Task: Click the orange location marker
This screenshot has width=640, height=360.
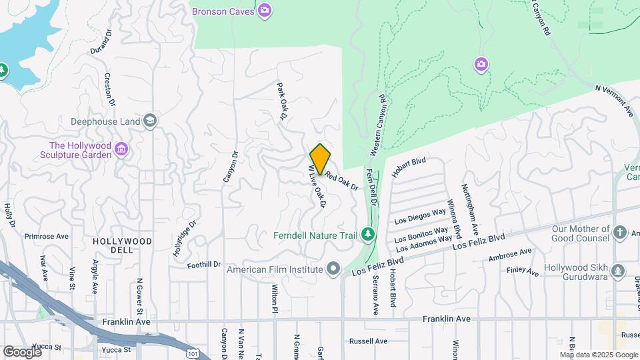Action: (x=320, y=159)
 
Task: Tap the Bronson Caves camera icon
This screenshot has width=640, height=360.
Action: (x=265, y=9)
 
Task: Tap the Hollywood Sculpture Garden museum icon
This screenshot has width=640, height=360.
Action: (x=121, y=148)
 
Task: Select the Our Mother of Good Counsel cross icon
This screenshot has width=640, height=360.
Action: (x=620, y=232)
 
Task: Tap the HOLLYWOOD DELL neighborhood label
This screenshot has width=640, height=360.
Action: (x=122, y=241)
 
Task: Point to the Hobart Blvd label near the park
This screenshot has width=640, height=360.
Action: (x=409, y=167)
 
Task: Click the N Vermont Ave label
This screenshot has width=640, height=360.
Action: (x=614, y=99)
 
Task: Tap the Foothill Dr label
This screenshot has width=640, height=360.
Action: (x=203, y=265)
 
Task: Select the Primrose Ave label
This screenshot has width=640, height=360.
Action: (x=47, y=236)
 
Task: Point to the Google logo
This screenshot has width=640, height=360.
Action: (x=22, y=351)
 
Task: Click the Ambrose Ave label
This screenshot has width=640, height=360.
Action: (x=510, y=255)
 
